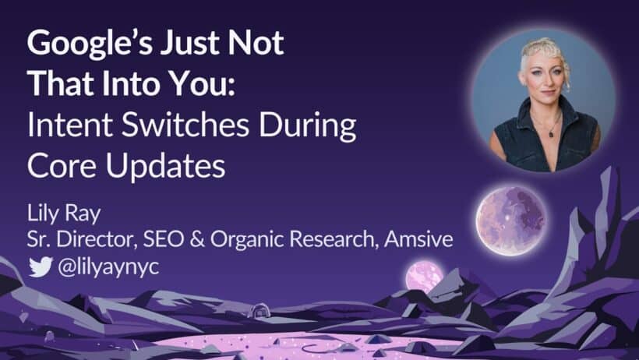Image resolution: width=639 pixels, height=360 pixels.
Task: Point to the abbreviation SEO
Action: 163,238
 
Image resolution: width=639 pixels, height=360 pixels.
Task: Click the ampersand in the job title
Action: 196,238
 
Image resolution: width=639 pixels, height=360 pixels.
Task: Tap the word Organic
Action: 241,238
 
